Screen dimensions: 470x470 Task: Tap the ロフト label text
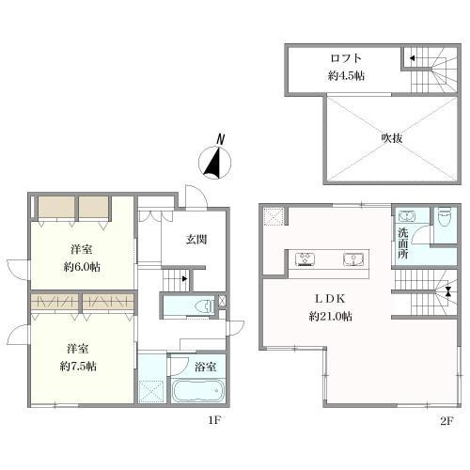pyautogui.click(x=346, y=58)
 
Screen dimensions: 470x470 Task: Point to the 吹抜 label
pyautogui.click(x=392, y=138)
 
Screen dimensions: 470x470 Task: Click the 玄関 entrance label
pyautogui.click(x=196, y=240)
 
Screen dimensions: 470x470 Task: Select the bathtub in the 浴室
pyautogui.click(x=198, y=390)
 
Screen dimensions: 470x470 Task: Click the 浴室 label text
pyautogui.click(x=206, y=367)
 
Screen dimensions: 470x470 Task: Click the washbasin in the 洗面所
pyautogui.click(x=407, y=216)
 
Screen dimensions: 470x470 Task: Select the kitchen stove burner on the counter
pyautogui.click(x=305, y=259)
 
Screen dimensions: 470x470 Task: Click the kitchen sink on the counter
pyautogui.click(x=353, y=259)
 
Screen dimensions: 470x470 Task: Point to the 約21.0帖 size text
pyautogui.click(x=331, y=317)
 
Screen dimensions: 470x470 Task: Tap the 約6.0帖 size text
pyautogui.click(x=82, y=267)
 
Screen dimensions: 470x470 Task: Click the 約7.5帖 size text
pyautogui.click(x=78, y=366)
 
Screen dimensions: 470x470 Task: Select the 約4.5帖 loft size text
pyautogui.click(x=346, y=76)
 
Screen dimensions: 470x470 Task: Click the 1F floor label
pyautogui.click(x=215, y=420)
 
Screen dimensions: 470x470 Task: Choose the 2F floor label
pyautogui.click(x=446, y=421)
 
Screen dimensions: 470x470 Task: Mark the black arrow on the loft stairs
pyautogui.click(x=413, y=58)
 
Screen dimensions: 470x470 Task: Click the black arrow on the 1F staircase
pyautogui.click(x=185, y=278)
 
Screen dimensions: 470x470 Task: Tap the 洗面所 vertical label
pyautogui.click(x=402, y=243)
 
